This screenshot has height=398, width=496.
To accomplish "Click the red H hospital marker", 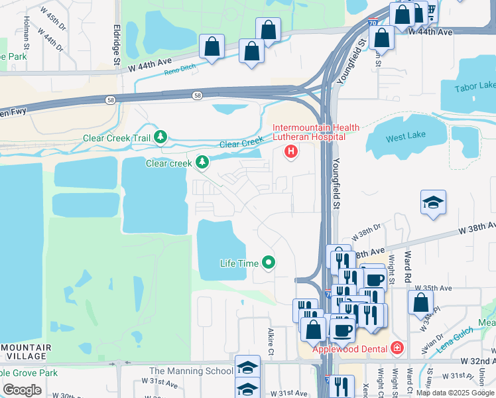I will [x=290, y=153].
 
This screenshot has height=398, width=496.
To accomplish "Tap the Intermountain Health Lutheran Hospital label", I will [x=316, y=132].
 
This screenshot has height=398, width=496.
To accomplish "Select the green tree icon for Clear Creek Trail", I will [x=160, y=137].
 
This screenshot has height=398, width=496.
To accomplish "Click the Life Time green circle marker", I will [x=269, y=263].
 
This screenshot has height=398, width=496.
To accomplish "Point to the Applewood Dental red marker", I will [x=397, y=347].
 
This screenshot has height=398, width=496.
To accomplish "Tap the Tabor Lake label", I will [x=475, y=87].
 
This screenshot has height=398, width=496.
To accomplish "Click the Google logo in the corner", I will [x=22, y=389].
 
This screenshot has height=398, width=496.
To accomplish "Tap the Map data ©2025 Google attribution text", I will [x=454, y=393].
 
